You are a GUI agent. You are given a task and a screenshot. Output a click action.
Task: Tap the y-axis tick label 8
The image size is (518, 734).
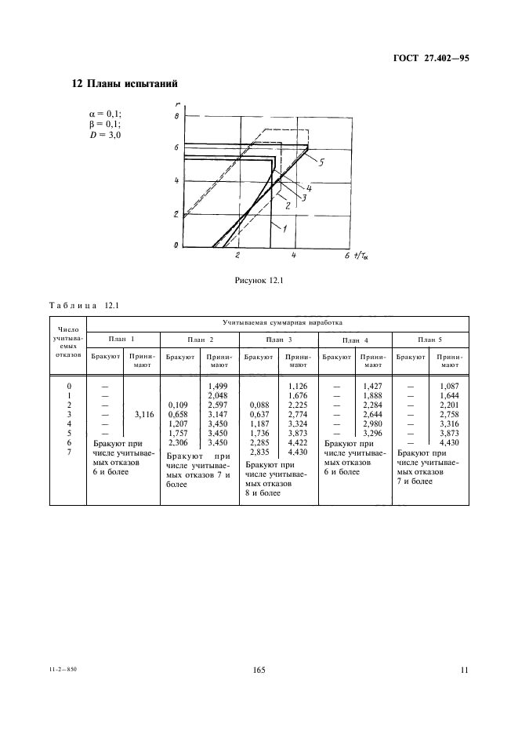(177, 116)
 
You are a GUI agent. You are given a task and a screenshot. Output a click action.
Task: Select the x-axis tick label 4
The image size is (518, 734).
(292, 256)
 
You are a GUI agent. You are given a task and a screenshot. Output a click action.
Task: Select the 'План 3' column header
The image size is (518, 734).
(279, 339)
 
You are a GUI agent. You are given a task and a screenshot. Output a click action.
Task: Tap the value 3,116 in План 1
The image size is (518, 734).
(143, 414)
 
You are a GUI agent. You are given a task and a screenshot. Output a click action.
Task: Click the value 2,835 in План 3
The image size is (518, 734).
(259, 452)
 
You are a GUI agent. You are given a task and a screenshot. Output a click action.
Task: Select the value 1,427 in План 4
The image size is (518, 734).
(371, 387)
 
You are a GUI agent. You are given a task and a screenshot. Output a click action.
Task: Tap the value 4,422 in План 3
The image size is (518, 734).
(296, 442)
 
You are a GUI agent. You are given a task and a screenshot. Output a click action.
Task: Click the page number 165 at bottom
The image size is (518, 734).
(259, 670)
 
